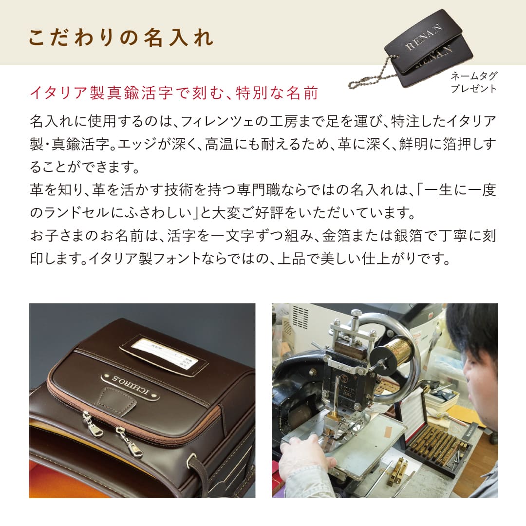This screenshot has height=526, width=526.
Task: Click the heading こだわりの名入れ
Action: pyautogui.click(x=121, y=38)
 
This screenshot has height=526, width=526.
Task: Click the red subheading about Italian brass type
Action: pyautogui.click(x=174, y=93)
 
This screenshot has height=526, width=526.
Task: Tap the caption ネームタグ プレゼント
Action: pyautogui.click(x=473, y=82)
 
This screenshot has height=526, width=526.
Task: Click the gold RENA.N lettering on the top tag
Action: pyautogui.click(x=423, y=38)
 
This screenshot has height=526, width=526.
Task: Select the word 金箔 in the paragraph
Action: pyautogui.click(x=337, y=236)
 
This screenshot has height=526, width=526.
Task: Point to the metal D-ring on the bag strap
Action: pyautogui.click(x=192, y=460)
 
